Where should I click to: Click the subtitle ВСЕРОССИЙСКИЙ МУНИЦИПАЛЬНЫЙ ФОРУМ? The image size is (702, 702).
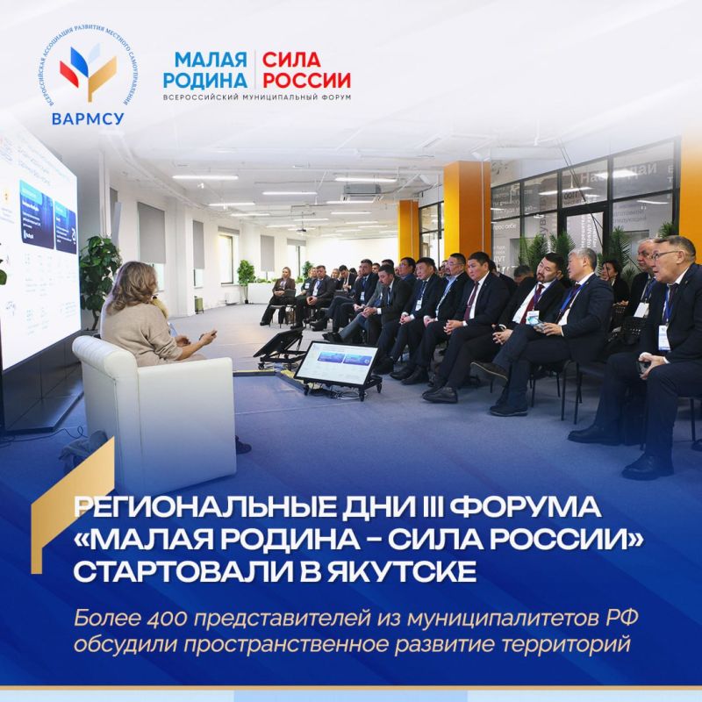pos(262,96)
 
